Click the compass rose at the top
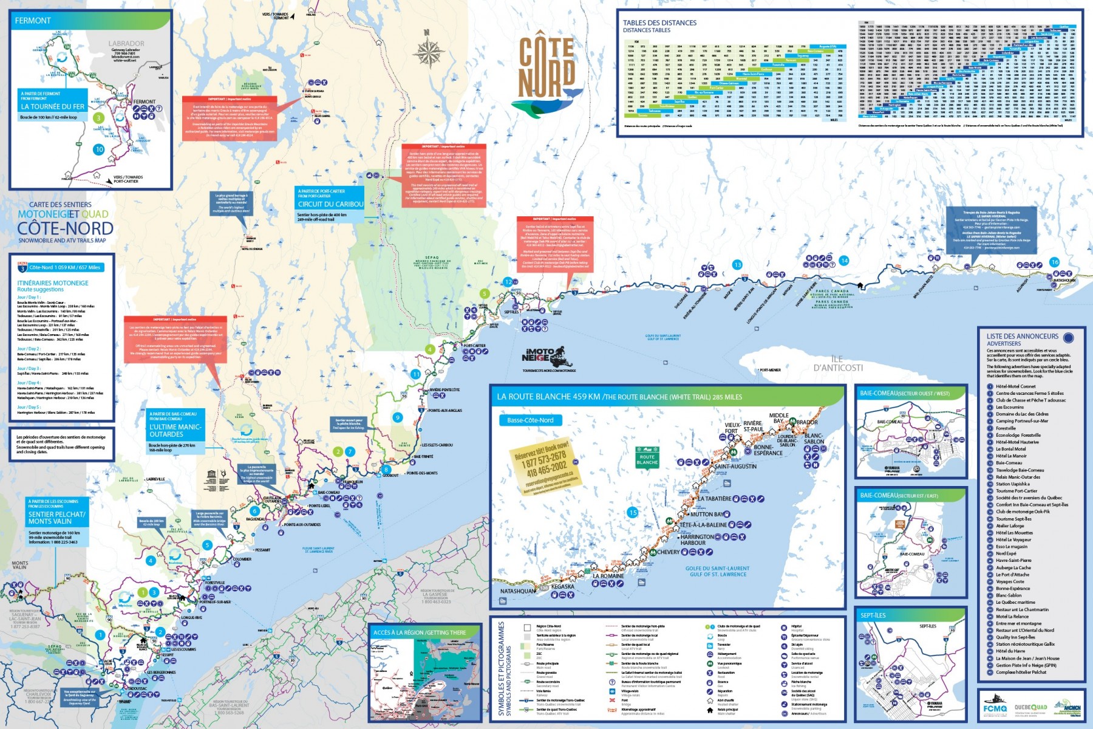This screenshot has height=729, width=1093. tap(429, 51)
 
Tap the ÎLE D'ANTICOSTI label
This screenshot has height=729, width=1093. tap(838, 363)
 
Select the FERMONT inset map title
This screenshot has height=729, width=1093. tap(33, 21)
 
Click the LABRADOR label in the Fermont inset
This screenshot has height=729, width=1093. tap(126, 44)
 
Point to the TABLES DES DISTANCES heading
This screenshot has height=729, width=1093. tap(659, 23)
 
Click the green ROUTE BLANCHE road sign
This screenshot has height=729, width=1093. tap(647, 459)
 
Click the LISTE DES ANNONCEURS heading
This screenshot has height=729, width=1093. tap(1022, 336)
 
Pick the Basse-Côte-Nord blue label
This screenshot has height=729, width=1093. tap(530, 420)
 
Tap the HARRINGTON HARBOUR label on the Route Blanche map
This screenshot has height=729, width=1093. tap(697, 539)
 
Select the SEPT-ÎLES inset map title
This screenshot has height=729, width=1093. tap(873, 615)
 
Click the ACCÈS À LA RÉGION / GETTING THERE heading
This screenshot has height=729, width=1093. tap(420, 632)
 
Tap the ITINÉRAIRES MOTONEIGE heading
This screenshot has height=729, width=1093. tap(53, 283)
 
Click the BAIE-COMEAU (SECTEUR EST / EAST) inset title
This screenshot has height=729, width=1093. tap(899, 496)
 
